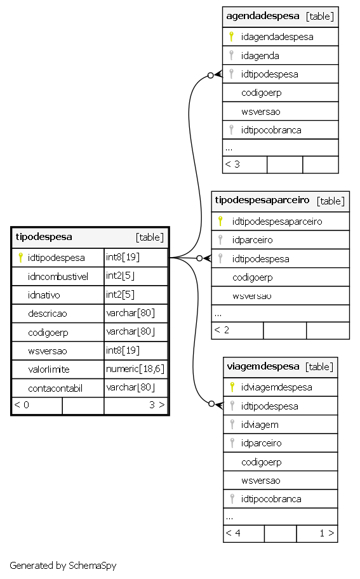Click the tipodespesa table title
(x=44, y=237)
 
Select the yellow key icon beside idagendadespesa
(x=231, y=37)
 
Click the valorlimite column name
(x=49, y=369)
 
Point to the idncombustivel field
(x=58, y=276)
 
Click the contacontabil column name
(x=55, y=388)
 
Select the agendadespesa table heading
(x=263, y=16)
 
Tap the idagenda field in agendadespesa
(x=260, y=56)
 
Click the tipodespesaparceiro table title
(x=262, y=200)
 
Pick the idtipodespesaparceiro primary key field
(x=277, y=221)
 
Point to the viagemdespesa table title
(x=263, y=366)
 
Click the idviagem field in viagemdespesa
(x=260, y=425)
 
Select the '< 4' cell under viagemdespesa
(x=244, y=533)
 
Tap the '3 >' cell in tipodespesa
(x=136, y=406)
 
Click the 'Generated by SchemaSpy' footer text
(x=63, y=565)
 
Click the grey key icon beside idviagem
(x=232, y=424)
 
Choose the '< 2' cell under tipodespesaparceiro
(x=237, y=330)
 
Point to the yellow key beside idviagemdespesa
(x=232, y=387)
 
